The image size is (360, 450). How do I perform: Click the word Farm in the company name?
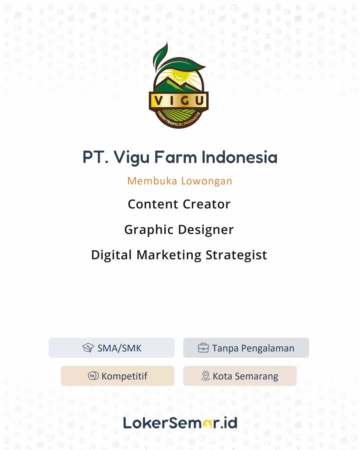click(x=175, y=157)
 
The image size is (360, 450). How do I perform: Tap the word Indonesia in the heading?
click(x=239, y=157)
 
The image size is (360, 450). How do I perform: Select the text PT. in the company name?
click(x=95, y=157)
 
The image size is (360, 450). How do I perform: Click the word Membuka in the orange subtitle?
click(x=152, y=181)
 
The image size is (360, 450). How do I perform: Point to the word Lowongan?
click(x=207, y=181)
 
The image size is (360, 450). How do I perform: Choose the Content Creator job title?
click(x=179, y=204)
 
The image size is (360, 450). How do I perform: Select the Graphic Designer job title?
click(x=179, y=230)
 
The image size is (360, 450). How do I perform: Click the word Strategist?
click(x=236, y=255)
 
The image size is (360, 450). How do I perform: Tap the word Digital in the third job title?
click(x=111, y=255)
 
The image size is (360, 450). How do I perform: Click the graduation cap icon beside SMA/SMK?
click(x=88, y=348)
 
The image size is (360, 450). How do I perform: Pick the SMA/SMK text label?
click(x=119, y=348)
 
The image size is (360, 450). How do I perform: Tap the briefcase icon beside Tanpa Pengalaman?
click(x=203, y=348)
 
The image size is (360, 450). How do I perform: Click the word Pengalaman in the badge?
click(x=268, y=348)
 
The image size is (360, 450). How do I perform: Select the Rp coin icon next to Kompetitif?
click(x=93, y=376)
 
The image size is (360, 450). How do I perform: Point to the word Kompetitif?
click(x=124, y=376)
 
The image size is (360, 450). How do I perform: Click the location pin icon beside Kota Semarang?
click(x=206, y=376)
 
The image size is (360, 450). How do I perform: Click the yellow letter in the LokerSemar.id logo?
click(x=207, y=424)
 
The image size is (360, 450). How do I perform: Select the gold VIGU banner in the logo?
click(x=179, y=101)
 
